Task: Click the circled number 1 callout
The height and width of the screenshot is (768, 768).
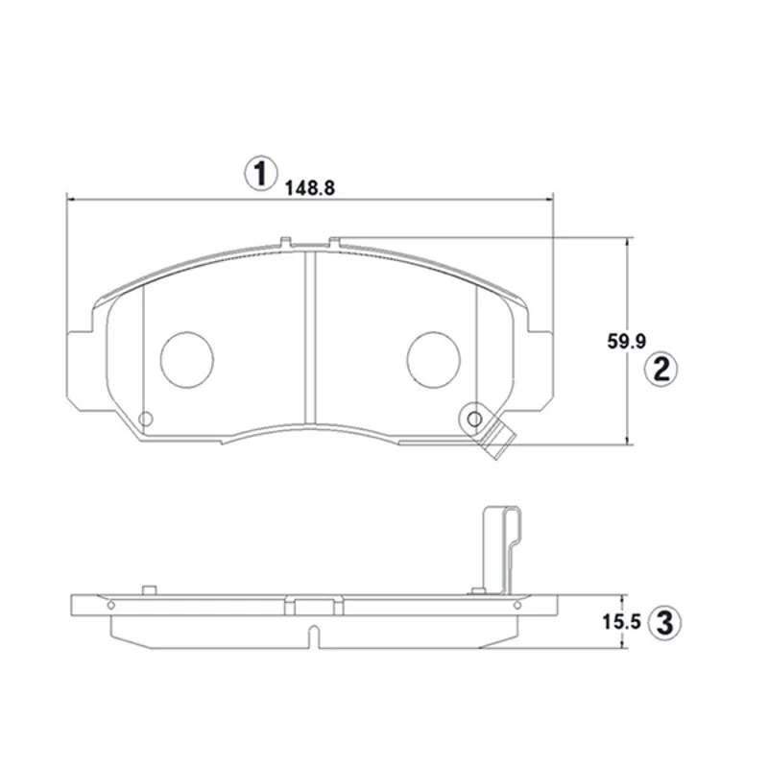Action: point(260,174)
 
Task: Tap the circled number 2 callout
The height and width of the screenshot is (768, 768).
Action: point(660,370)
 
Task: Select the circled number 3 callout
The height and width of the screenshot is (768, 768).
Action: point(664,623)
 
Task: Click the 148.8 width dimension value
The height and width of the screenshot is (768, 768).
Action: point(310,188)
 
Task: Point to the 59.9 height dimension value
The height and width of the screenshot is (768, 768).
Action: point(627,342)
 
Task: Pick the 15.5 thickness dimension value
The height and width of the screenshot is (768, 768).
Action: point(621,622)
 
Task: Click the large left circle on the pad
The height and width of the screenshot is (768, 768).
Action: point(187,359)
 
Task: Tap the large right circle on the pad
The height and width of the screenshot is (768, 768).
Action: point(434,359)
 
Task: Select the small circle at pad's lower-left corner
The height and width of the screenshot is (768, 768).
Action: point(146,419)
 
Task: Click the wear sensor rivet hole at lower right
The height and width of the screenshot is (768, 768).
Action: point(474,419)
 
